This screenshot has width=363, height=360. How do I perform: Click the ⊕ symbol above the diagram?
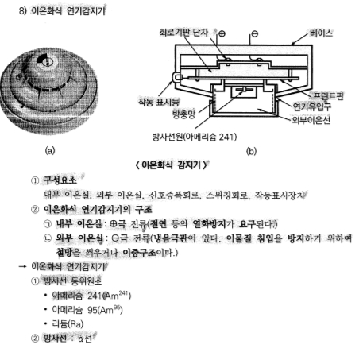222,34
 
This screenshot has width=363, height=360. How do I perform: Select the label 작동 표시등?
156,101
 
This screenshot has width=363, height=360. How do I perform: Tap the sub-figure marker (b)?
252,149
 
